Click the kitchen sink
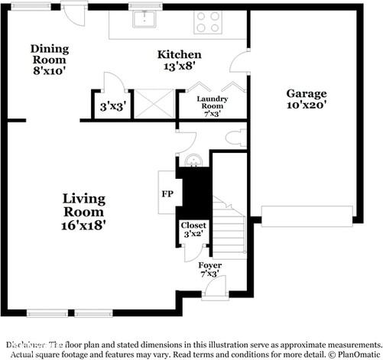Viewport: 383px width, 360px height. click(142, 19)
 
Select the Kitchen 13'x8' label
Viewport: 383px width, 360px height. click(179, 60)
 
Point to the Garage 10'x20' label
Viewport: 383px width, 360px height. click(307, 99)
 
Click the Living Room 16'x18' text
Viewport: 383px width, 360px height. click(84, 211)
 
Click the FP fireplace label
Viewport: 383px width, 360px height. click(166, 193)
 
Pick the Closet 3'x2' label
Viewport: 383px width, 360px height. click(192, 230)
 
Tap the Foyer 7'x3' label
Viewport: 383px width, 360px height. click(210, 269)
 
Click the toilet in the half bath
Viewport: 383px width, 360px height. click(236, 138)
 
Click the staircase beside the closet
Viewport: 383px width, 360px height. click(229, 229)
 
